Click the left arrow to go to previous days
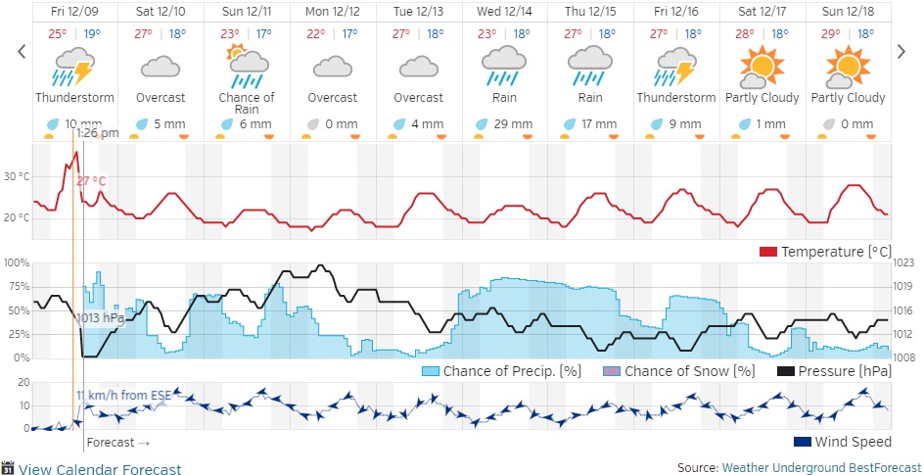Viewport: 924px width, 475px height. pyautogui.click(x=22, y=52)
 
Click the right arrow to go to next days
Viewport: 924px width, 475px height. pyautogui.click(x=901, y=52)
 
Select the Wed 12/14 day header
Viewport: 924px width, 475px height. pyautogui.click(x=505, y=11)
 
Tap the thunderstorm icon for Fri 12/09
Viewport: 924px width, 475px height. pyautogui.click(x=74, y=69)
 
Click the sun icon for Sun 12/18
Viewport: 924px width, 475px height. pyautogui.click(x=848, y=68)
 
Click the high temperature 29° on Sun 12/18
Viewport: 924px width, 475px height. pyautogui.click(x=830, y=33)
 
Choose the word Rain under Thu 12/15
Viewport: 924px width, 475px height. pyautogui.click(x=590, y=98)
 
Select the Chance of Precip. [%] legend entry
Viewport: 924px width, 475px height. pyautogui.click(x=502, y=371)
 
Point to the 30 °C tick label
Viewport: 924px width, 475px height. pyautogui.click(x=17, y=177)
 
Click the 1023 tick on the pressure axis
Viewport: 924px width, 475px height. pyautogui.click(x=906, y=262)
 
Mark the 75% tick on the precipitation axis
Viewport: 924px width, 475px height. pyautogui.click(x=15, y=286)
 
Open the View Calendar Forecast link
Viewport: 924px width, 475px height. pyautogui.click(x=99, y=469)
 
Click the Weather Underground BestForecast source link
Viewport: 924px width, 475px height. pyautogui.click(x=821, y=468)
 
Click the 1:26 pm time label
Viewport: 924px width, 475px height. pyautogui.click(x=97, y=133)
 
